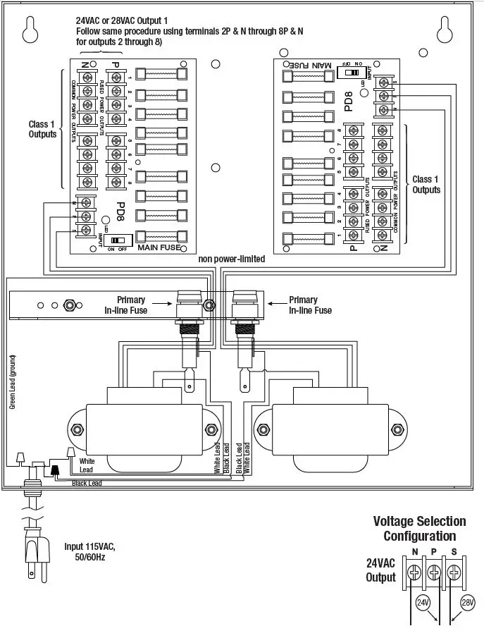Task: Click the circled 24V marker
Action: [x=423, y=603]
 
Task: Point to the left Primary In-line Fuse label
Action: [x=126, y=305]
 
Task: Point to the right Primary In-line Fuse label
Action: [x=310, y=305]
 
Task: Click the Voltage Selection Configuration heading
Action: [x=419, y=529]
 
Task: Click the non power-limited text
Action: [x=232, y=259]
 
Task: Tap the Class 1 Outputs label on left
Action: [x=42, y=129]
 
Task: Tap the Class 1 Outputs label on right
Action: [x=426, y=185]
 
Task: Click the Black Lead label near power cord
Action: [x=87, y=483]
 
